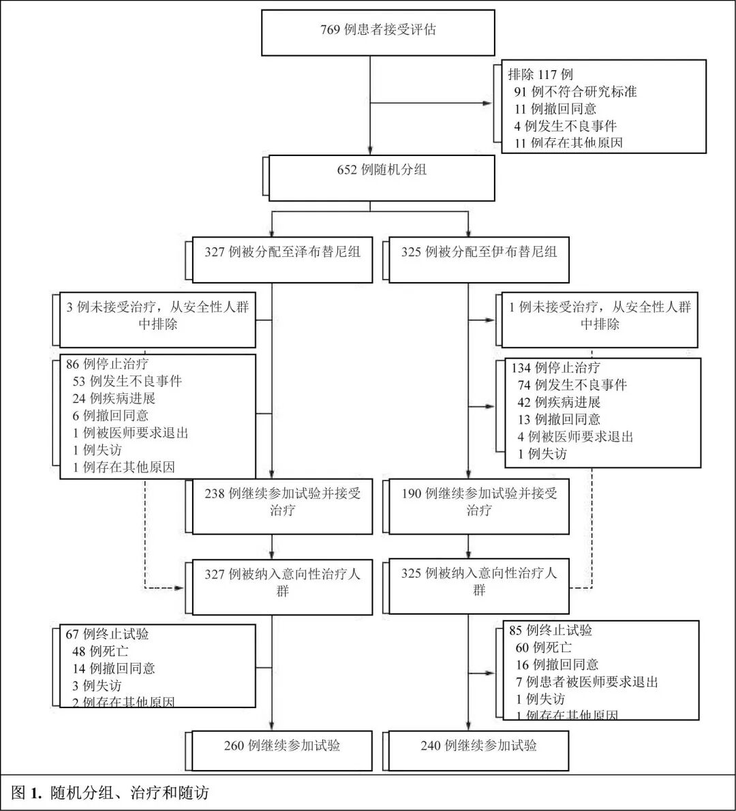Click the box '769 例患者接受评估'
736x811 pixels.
(x=378, y=31)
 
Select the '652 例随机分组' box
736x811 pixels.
(x=382, y=170)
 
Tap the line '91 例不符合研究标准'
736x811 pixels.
(x=576, y=91)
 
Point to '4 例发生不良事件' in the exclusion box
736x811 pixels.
(x=566, y=126)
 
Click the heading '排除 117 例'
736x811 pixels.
(x=540, y=74)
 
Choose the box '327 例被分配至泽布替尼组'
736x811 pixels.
(x=282, y=253)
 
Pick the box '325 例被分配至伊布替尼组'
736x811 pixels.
(x=478, y=253)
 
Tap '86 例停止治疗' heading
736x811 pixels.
(x=107, y=364)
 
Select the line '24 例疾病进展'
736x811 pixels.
(x=114, y=398)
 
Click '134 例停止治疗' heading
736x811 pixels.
(x=556, y=368)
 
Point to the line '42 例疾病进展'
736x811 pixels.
(x=559, y=402)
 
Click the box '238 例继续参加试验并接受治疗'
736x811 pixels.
(x=282, y=502)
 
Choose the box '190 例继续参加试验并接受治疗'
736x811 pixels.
(x=478, y=502)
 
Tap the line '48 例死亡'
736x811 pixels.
(x=100, y=651)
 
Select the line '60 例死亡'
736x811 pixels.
(x=544, y=647)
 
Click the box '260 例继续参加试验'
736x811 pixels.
(x=282, y=746)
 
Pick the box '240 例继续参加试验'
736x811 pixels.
(x=478, y=746)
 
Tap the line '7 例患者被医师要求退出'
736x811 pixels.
(x=587, y=682)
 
